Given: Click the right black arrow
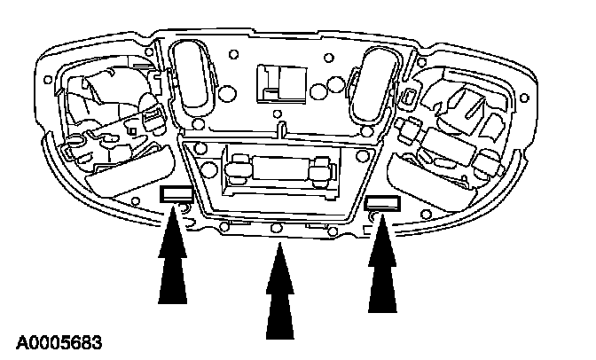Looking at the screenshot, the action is [x=384, y=266].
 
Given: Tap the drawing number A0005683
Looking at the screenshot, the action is [x=58, y=340].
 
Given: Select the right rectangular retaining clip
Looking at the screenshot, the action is [x=382, y=207].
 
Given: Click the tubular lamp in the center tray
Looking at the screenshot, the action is [x=278, y=168].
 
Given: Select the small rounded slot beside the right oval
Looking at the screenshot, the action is [x=409, y=96].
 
